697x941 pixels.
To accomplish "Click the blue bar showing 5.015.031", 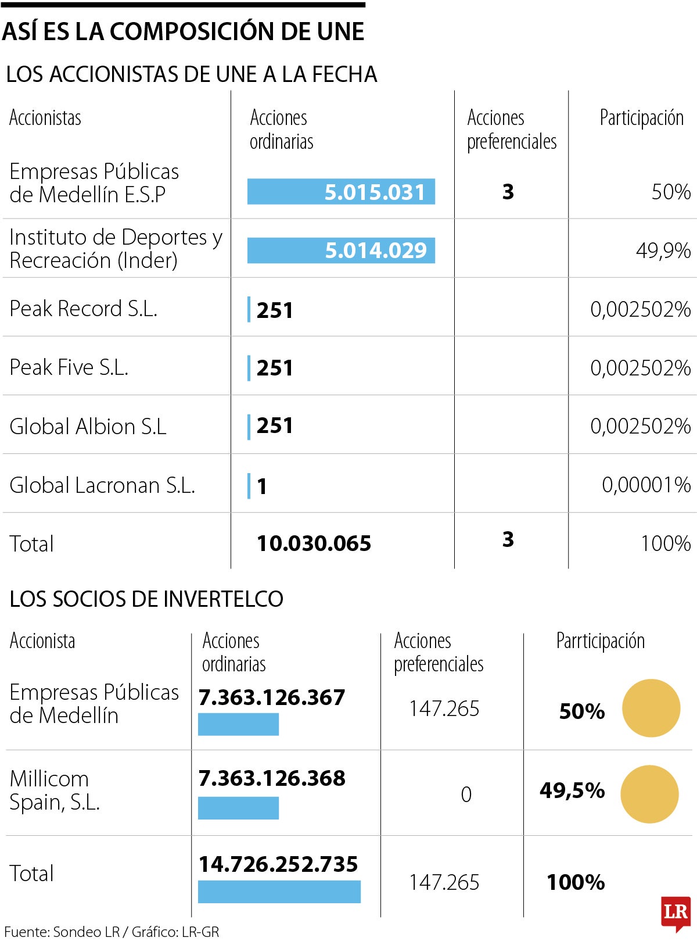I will (x=341, y=192).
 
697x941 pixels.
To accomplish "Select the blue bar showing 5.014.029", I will (x=341, y=251).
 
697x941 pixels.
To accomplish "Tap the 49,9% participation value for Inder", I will (x=663, y=251).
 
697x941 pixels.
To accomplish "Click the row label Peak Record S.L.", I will (x=84, y=309).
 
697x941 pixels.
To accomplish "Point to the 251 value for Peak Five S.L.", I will (x=275, y=368).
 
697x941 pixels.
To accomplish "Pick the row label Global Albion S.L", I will (x=88, y=427).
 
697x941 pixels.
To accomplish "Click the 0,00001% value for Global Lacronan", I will (x=646, y=485).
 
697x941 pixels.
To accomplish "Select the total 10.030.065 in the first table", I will (x=314, y=543).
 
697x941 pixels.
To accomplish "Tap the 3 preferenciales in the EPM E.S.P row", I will (x=508, y=192).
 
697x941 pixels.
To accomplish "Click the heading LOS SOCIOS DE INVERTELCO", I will (x=146, y=599).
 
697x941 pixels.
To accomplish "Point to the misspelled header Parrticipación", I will (x=600, y=641).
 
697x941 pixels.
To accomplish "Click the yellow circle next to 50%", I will (x=651, y=708).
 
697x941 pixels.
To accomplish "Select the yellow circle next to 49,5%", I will (x=649, y=794).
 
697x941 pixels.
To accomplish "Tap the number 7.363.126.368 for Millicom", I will (x=272, y=778).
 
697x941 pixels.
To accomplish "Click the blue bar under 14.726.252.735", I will (x=279, y=892).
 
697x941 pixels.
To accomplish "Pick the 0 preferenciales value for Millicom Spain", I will (x=466, y=795).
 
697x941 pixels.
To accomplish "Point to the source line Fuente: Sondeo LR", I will (x=112, y=932).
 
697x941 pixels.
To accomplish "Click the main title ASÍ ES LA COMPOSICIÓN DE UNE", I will (x=183, y=31).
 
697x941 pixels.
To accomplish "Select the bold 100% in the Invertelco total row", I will (x=576, y=882).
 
